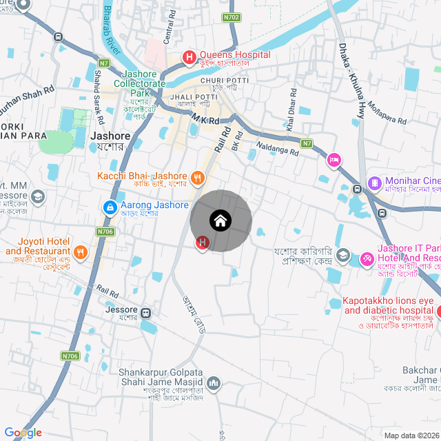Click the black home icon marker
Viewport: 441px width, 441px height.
(220, 221)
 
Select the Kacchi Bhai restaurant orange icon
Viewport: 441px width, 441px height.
(197, 177)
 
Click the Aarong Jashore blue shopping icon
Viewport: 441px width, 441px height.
(110, 207)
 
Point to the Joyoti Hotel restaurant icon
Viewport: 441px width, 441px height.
(81, 252)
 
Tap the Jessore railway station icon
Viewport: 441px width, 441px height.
(146, 313)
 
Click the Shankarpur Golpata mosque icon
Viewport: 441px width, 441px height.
(214, 382)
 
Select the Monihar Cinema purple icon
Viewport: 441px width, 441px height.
(374, 183)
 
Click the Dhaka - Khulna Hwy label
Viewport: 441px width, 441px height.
(351, 81)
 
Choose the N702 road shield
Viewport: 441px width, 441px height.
(232, 17)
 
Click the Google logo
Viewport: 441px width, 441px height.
(23, 432)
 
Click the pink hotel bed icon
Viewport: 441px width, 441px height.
(334, 160)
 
